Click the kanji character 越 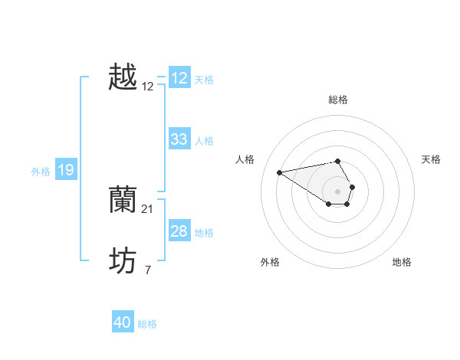point(123,77)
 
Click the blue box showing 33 point(179,139)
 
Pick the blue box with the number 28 point(179,231)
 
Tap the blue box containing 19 point(66,170)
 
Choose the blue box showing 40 point(123,322)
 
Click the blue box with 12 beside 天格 point(179,78)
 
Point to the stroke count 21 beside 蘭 point(148,208)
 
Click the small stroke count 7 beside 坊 point(148,270)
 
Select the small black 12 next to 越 point(148,87)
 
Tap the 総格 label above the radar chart point(338,100)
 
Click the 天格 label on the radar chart point(432,159)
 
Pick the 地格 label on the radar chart point(402,262)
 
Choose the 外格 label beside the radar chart point(270,262)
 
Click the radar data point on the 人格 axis point(279,172)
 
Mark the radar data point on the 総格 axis point(338,161)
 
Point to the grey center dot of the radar point(338,191)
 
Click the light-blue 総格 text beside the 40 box point(147,324)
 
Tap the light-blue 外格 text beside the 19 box point(41,172)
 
